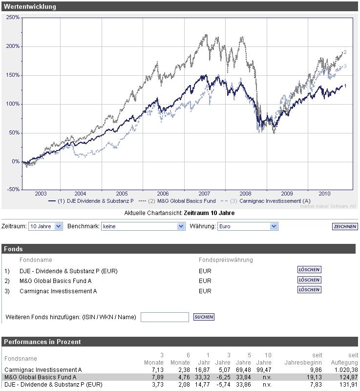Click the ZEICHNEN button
(x=345, y=226)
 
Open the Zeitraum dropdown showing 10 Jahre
(x=45, y=226)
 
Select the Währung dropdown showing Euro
(x=247, y=226)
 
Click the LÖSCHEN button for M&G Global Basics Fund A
(x=309, y=280)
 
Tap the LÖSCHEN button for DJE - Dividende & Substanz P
(x=309, y=270)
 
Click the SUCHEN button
(x=204, y=317)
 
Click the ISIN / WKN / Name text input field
(x=165, y=317)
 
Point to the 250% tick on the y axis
(x=13, y=18)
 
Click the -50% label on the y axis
(x=13, y=189)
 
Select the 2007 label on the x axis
(x=204, y=194)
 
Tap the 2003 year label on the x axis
(x=41, y=194)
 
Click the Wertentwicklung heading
(x=30, y=6)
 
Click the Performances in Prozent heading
(x=42, y=342)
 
